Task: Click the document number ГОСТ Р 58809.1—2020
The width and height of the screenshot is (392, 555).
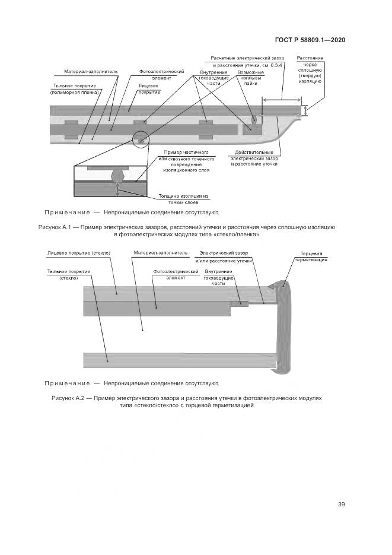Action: coord(310,40)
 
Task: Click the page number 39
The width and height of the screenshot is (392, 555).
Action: coord(341,505)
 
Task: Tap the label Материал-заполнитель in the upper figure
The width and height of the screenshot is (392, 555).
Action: coord(91,71)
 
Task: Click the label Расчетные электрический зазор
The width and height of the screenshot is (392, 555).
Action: coord(247,58)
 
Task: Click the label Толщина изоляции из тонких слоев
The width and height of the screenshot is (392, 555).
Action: coord(184,198)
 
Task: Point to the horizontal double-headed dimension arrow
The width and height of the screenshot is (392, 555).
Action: coord(282,99)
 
